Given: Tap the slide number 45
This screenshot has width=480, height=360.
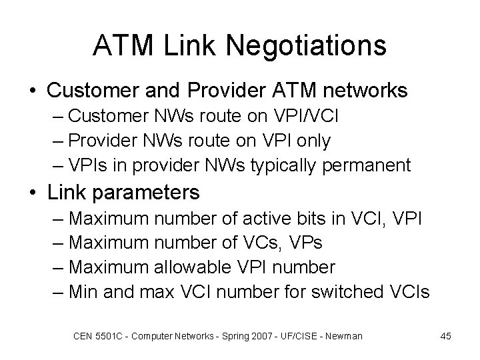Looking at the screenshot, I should pos(445,336).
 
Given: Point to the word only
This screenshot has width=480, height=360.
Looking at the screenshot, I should pos(306,141).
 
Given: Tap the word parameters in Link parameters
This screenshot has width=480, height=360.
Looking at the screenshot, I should pos(148,193).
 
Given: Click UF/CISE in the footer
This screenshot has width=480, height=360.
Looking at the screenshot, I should pos(301,336).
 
